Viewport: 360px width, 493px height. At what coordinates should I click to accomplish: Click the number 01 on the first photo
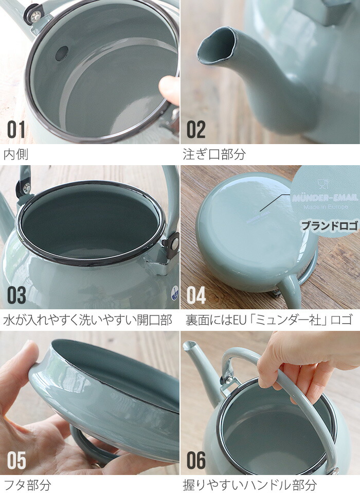[x=16, y=130]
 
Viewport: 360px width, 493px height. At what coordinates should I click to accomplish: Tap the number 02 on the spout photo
[x=196, y=130]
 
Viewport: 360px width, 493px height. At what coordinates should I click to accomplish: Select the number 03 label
[x=16, y=295]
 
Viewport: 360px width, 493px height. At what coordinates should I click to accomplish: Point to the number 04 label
[x=196, y=295]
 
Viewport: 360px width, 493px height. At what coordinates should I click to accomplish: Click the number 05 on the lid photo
[x=16, y=461]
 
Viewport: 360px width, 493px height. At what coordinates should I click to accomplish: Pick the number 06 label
[x=196, y=461]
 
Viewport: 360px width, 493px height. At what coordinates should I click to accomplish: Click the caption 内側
[x=16, y=154]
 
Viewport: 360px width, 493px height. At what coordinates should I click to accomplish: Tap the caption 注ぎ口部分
[x=214, y=154]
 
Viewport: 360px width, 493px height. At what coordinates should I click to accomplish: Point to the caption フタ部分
[x=27, y=484]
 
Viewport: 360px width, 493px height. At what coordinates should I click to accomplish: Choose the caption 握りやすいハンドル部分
[x=249, y=484]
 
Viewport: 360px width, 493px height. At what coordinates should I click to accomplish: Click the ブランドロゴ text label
[x=329, y=225]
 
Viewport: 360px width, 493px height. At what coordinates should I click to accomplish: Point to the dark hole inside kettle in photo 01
[x=62, y=51]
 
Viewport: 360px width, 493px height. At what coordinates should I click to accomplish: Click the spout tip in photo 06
[x=188, y=345]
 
